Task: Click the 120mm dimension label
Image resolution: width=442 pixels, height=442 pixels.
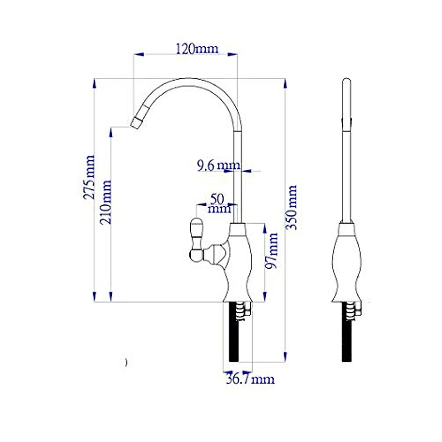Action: click(197, 48)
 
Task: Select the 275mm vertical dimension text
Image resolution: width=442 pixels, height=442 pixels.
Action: click(89, 177)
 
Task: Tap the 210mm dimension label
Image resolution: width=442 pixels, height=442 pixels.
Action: click(106, 202)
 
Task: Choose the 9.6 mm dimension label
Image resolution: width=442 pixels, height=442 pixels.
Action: click(218, 166)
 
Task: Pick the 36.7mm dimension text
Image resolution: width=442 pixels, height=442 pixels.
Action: click(250, 379)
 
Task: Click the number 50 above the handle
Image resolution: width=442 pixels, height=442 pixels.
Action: click(217, 199)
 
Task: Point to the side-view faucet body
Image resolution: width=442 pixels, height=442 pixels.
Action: click(347, 262)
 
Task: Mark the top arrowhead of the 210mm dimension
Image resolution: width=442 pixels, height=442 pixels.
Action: click(111, 132)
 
